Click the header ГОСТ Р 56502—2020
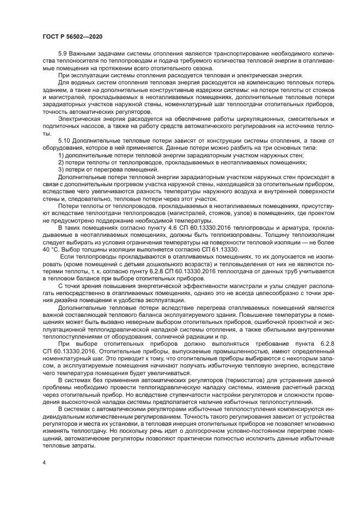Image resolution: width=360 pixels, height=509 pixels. coord(72,35)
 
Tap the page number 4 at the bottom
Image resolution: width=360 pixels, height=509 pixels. coord(44,462)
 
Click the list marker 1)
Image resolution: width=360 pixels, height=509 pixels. coord(61,156)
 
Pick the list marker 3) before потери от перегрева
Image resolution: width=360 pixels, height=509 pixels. coord(61,170)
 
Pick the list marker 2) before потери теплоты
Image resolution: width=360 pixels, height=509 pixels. coord(61,163)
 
